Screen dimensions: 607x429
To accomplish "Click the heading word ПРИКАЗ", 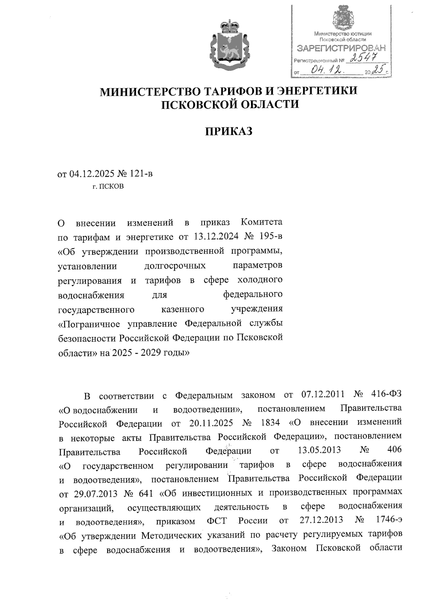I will (x=228, y=131).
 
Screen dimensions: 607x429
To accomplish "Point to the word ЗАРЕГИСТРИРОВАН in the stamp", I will (x=342, y=48).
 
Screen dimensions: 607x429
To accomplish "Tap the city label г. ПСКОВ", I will (x=108, y=186).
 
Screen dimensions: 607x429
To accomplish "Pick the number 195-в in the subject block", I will (x=269, y=236).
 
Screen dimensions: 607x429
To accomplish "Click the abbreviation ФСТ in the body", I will (x=217, y=521).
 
